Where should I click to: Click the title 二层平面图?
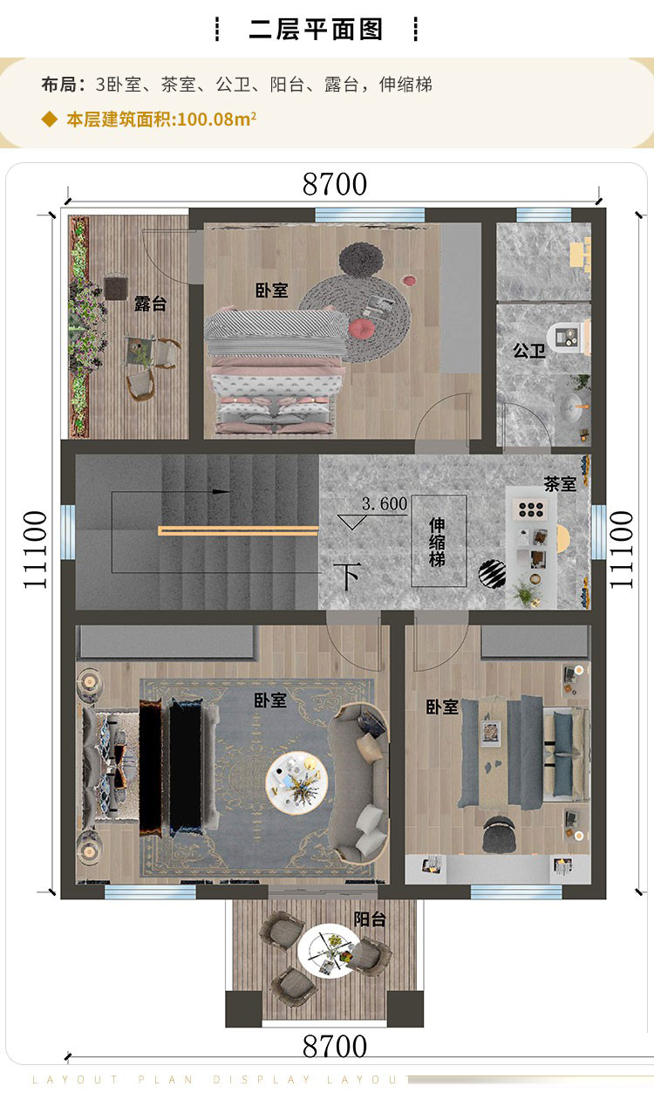coord(316,30)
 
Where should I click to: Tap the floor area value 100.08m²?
coord(215,120)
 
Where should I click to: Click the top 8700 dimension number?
coord(335,185)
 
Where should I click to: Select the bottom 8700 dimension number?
coord(335,1046)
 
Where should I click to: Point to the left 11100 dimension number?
coord(36,550)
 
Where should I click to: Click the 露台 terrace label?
coord(149,304)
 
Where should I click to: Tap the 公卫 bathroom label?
coord(528,351)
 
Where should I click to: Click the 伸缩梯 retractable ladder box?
coord(439,543)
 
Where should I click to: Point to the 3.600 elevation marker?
coord(384,504)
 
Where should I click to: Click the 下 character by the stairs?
coord(348,577)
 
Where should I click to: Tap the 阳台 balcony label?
coord(370,919)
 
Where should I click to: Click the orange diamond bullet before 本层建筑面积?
coord(50,120)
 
